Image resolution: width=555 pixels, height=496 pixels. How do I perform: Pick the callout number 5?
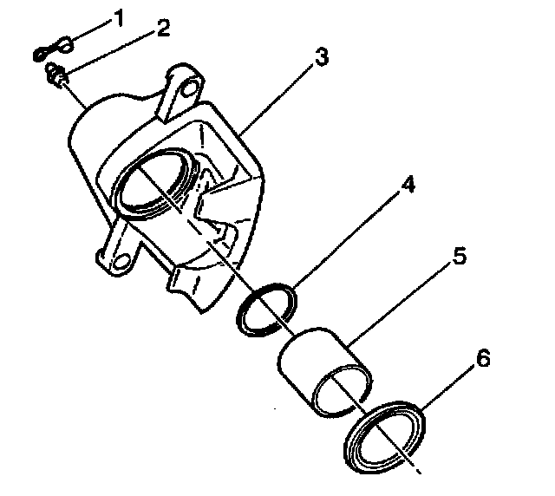460,257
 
